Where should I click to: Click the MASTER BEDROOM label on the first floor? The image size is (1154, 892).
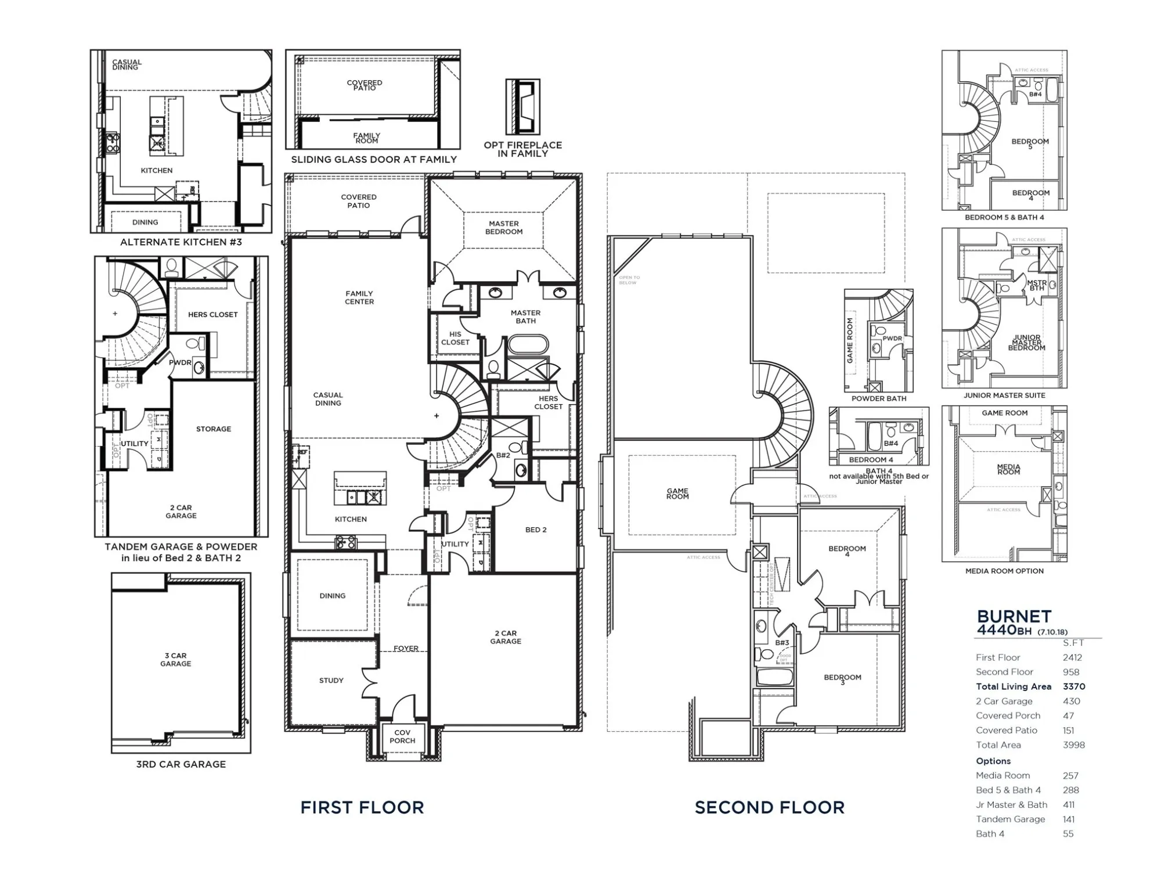click(x=504, y=228)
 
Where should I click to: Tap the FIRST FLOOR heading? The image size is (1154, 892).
click(x=362, y=807)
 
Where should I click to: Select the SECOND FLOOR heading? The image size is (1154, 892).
click(x=769, y=807)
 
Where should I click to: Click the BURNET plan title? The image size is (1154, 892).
click(x=1014, y=617)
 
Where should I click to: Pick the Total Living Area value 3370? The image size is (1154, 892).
click(x=1073, y=686)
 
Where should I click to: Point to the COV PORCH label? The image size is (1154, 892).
click(x=402, y=736)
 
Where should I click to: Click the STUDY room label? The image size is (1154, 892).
click(x=331, y=681)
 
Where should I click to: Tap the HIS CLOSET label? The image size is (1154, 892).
click(x=455, y=338)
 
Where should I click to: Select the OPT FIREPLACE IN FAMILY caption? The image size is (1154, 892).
click(x=522, y=149)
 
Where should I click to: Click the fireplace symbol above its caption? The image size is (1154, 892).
click(x=523, y=107)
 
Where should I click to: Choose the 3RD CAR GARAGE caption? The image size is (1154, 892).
click(x=181, y=764)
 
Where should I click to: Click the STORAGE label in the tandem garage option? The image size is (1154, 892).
click(x=213, y=429)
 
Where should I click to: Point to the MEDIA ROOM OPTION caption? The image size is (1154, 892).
click(x=1004, y=571)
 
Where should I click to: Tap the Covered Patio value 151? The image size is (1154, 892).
click(x=1068, y=731)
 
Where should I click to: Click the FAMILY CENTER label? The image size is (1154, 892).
click(x=359, y=297)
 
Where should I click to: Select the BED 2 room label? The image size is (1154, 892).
click(x=535, y=530)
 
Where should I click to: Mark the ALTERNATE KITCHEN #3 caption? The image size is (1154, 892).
click(x=181, y=242)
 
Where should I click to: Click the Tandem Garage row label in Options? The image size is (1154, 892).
click(x=1010, y=819)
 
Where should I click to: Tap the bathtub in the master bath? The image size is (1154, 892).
click(x=528, y=344)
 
